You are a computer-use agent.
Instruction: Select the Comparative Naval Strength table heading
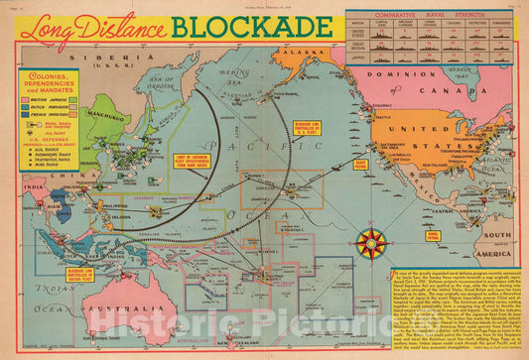point(429,17)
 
